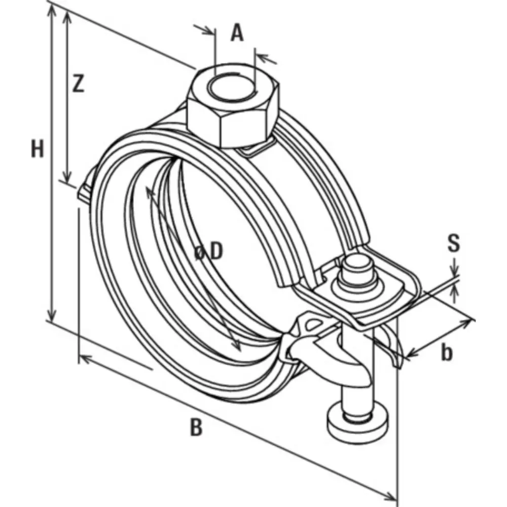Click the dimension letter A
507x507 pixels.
pyautogui.click(x=237, y=33)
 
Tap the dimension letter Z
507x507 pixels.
pyautogui.click(x=77, y=84)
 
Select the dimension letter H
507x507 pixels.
pyautogui.click(x=37, y=150)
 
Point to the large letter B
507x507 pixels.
pyautogui.click(x=196, y=427)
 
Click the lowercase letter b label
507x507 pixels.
pyautogui.click(x=446, y=352)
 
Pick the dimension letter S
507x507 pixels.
pyautogui.click(x=454, y=243)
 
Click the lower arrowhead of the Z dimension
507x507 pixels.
pyautogui.click(x=66, y=177)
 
